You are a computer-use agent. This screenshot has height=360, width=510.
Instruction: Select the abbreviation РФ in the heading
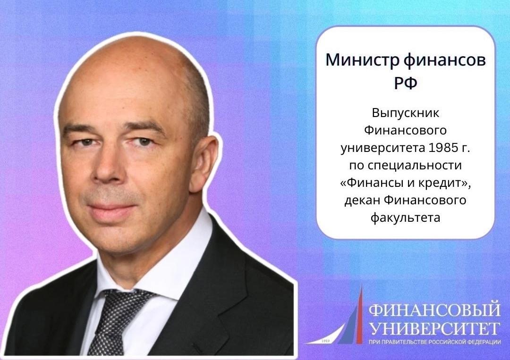pos(406,83)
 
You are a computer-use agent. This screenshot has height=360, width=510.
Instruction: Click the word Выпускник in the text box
pos(406,114)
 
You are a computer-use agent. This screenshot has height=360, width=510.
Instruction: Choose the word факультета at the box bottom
pos(406,218)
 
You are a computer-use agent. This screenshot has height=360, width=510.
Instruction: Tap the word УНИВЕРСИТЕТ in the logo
pos(434,328)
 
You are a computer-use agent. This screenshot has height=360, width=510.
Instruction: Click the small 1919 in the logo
pos(325,340)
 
